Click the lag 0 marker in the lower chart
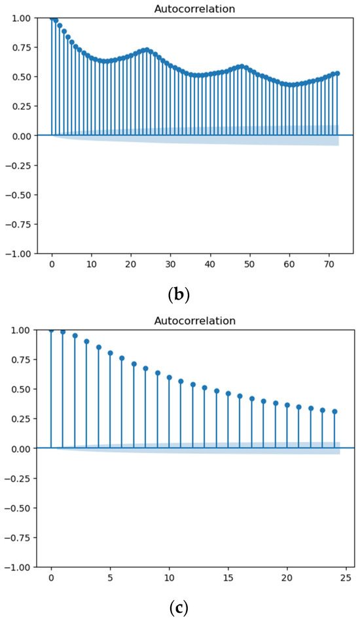click(x=51, y=330)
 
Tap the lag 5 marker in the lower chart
click(x=110, y=353)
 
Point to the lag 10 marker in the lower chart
click(x=170, y=377)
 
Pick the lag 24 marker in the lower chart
click(x=334, y=411)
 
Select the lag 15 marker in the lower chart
click(x=228, y=394)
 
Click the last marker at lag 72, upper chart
click(x=337, y=73)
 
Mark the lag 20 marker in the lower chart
click(x=287, y=405)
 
